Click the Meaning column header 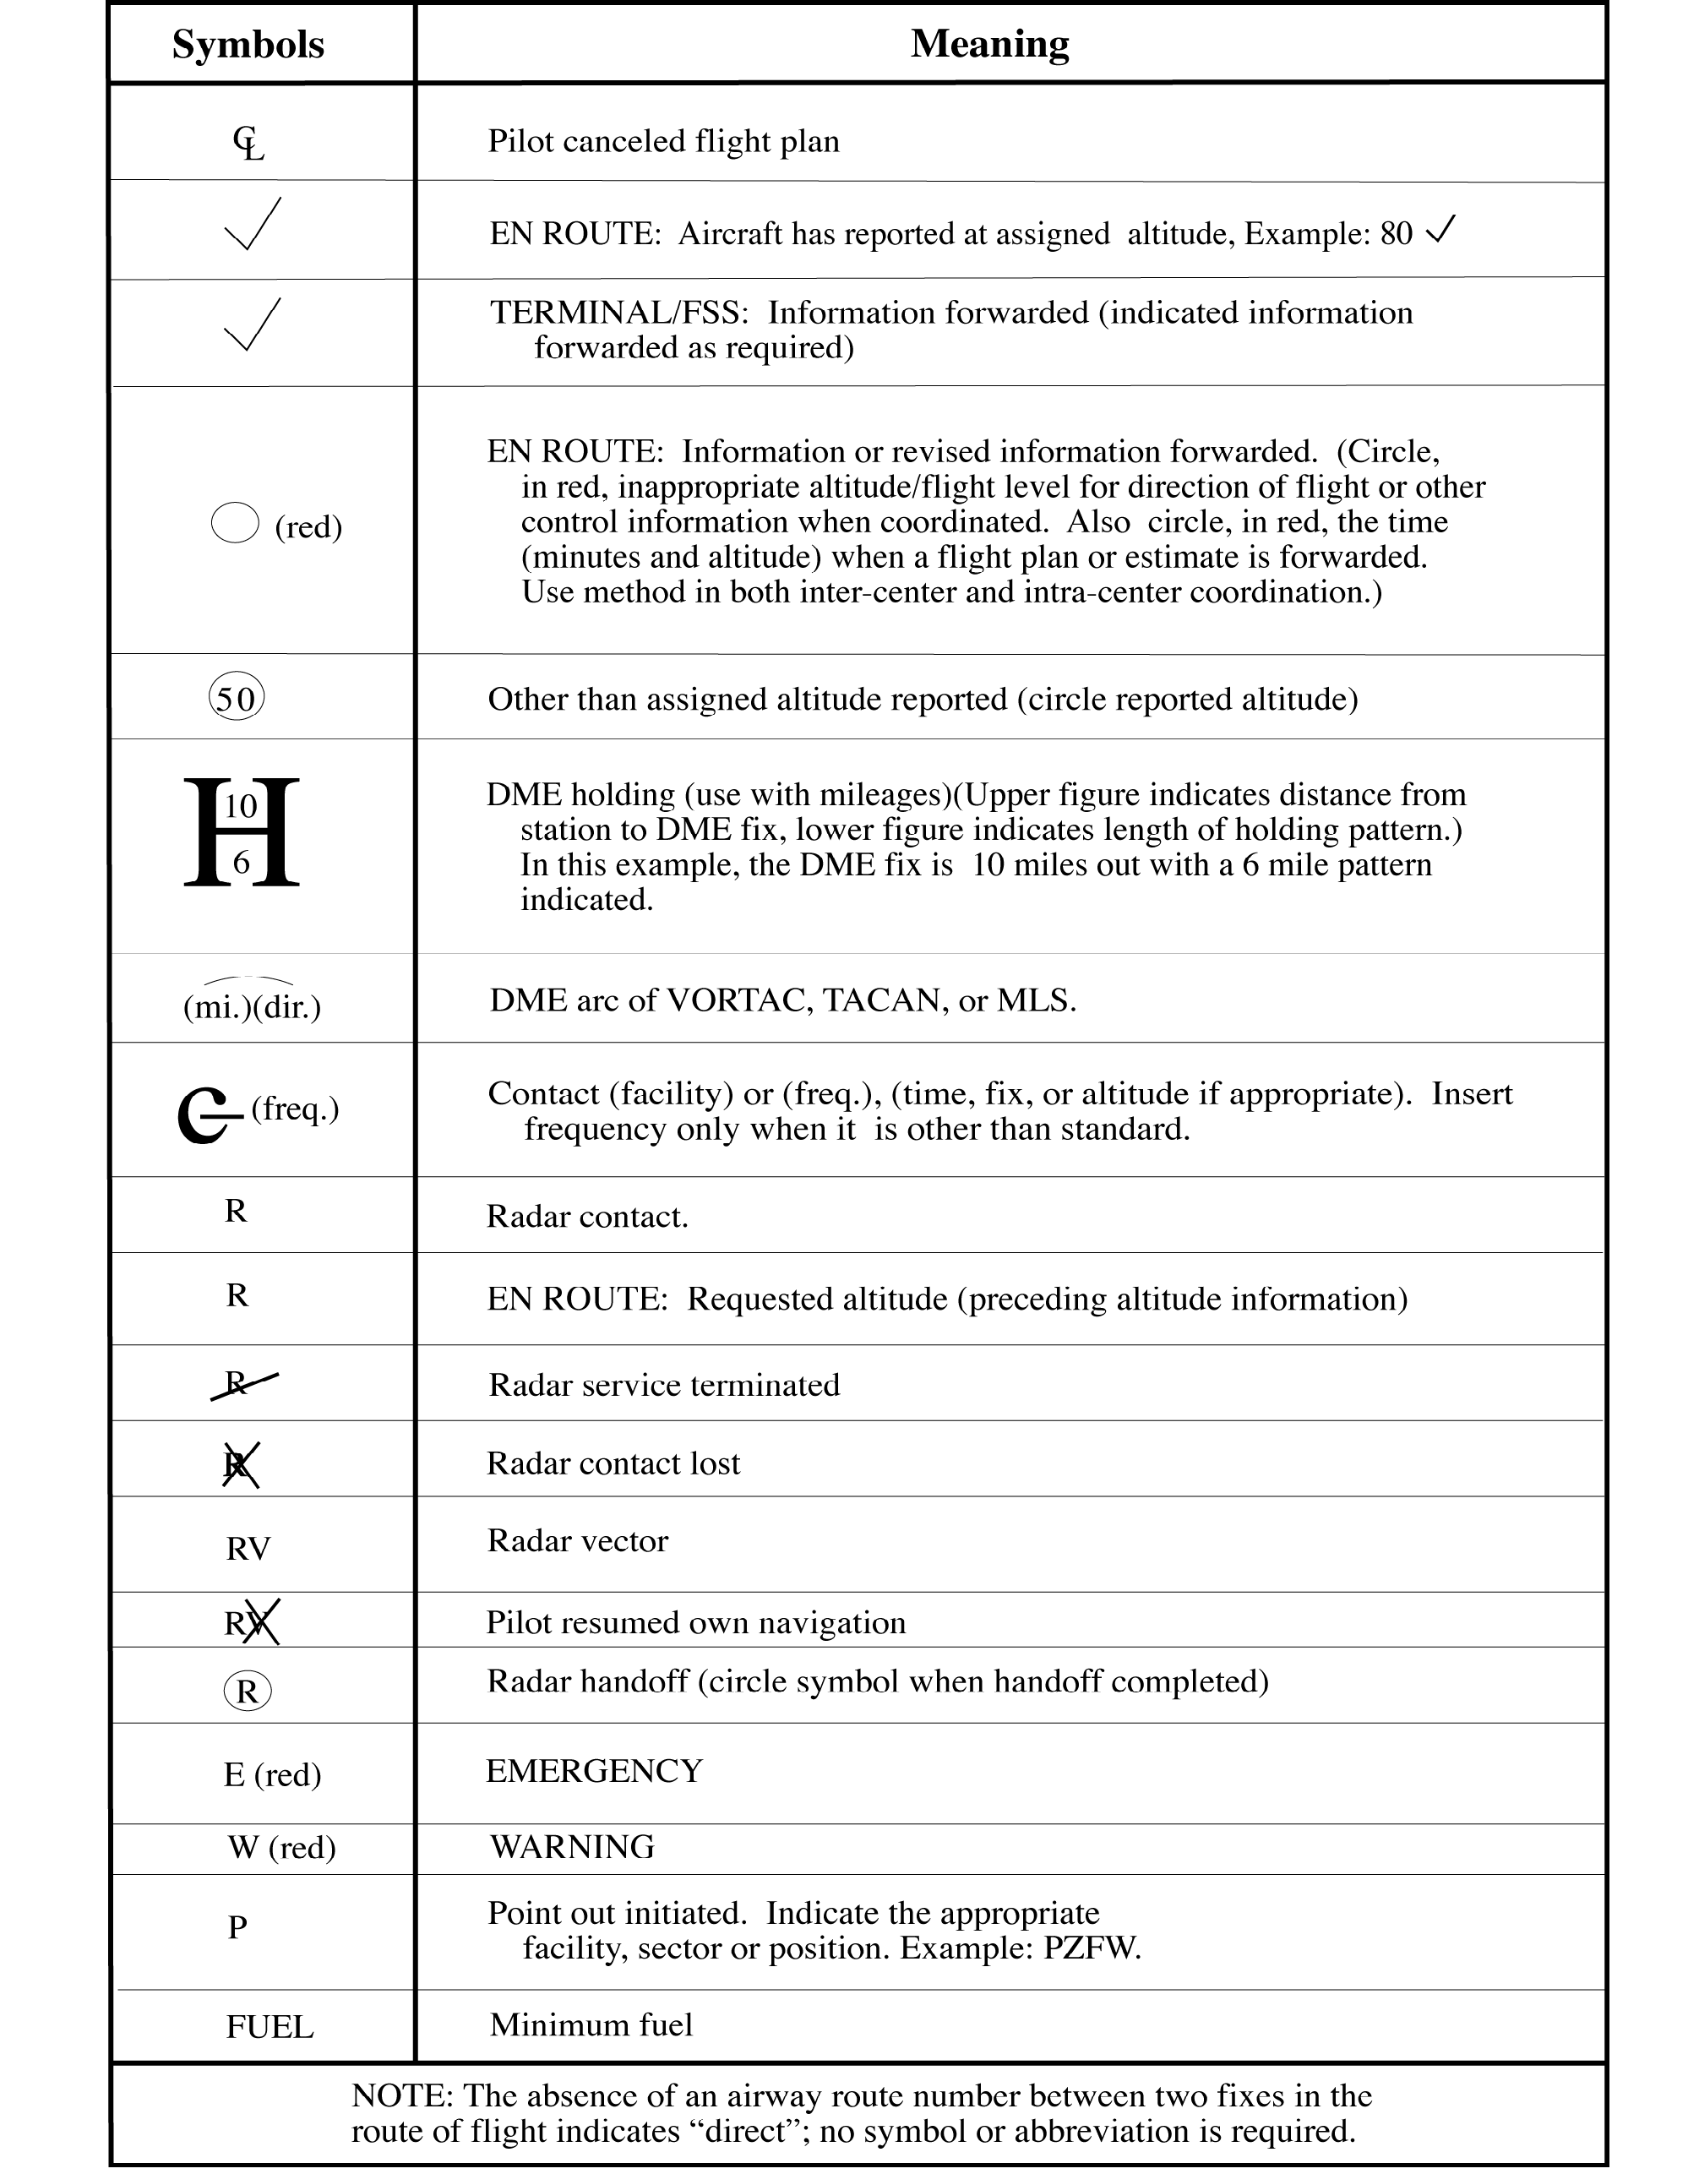pyautogui.click(x=989, y=44)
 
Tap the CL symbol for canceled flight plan pyautogui.click(x=249, y=144)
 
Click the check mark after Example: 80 pyautogui.click(x=1440, y=230)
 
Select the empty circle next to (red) pyautogui.click(x=236, y=523)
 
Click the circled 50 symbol pyautogui.click(x=237, y=698)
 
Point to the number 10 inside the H pyautogui.click(x=241, y=805)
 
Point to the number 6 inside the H pyautogui.click(x=241, y=862)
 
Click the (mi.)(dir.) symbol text pyautogui.click(x=252, y=1006)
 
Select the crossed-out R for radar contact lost pyautogui.click(x=239, y=1464)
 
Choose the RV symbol pyautogui.click(x=248, y=1549)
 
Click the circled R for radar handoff pyautogui.click(x=248, y=1690)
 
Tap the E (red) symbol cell pyautogui.click(x=272, y=1774)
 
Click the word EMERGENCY pyautogui.click(x=594, y=1771)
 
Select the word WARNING pyautogui.click(x=572, y=1846)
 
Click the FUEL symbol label pyautogui.click(x=270, y=2027)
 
